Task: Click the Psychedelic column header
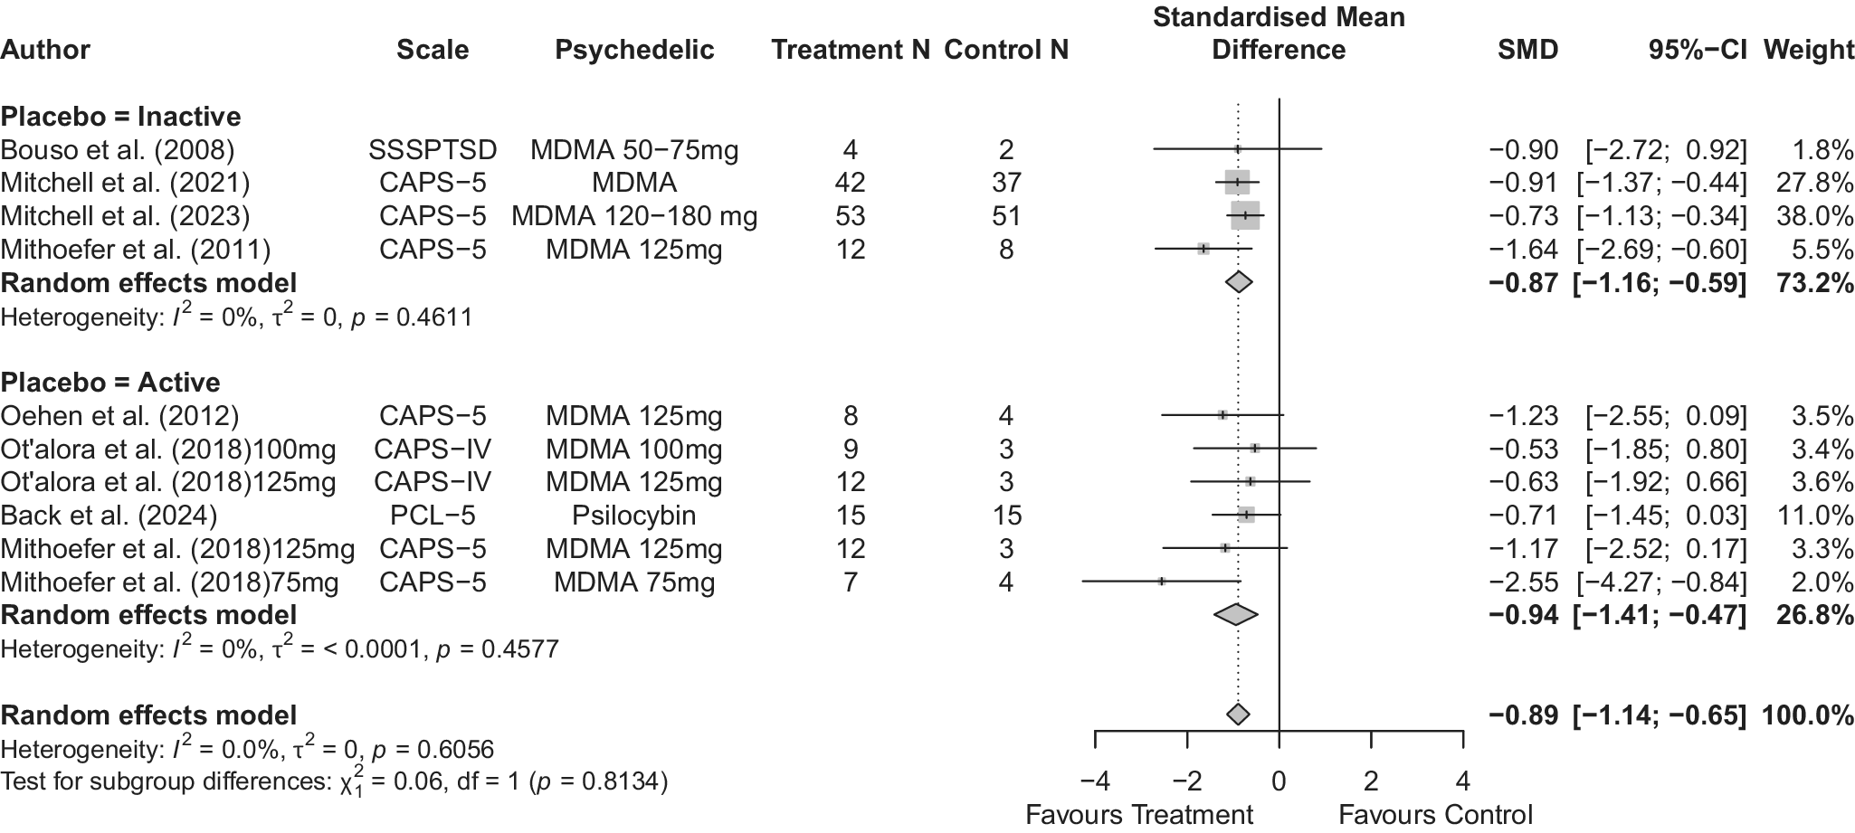pos(634,50)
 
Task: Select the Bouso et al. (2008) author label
pos(118,150)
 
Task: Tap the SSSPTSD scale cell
pos(433,150)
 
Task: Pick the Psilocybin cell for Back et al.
pos(634,516)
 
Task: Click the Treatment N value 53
pos(851,216)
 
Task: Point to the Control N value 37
pos(1006,183)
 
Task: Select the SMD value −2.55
pos(1524,582)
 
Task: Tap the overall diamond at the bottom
pos(1238,715)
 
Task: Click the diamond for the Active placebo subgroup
pos(1236,615)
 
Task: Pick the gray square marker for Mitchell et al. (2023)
pos(1245,216)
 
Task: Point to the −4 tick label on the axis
pos(1095,781)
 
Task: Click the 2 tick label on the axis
pos(1371,781)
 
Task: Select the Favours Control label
pos(1435,815)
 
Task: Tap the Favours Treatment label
pos(1139,815)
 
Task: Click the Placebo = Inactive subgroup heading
pos(120,117)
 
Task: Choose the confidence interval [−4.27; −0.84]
pos(1662,582)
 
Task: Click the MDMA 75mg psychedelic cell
pos(634,582)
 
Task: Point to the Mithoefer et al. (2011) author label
pos(136,250)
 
